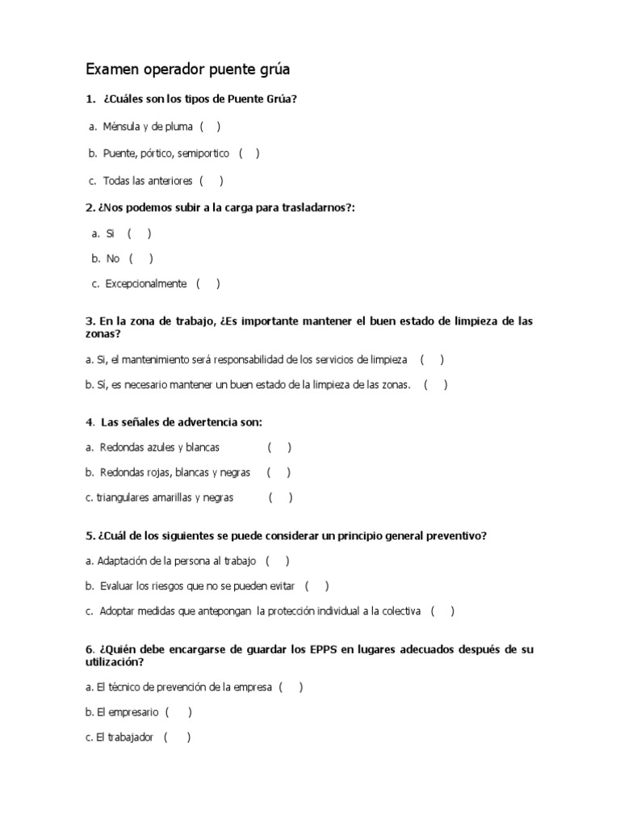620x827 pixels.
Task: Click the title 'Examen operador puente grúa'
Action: point(187,70)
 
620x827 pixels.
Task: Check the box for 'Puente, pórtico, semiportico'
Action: point(249,153)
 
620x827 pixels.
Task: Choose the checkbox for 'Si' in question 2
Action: point(139,234)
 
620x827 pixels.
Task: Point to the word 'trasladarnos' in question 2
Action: point(314,208)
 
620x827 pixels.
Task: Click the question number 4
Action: point(90,422)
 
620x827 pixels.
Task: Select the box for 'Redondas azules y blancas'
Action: point(279,447)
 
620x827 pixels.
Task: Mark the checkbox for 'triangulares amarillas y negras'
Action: point(280,498)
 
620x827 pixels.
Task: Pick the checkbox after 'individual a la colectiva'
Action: point(442,612)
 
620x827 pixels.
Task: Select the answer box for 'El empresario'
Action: point(178,713)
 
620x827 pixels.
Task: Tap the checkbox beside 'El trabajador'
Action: point(177,738)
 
